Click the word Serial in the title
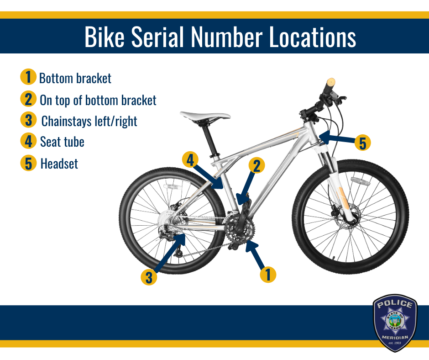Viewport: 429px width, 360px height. (x=157, y=37)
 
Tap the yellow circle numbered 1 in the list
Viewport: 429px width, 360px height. (x=28, y=77)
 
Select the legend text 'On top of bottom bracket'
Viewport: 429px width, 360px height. (x=98, y=100)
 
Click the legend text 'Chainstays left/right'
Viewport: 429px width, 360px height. (x=89, y=122)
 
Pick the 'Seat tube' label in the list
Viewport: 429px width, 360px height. (x=62, y=142)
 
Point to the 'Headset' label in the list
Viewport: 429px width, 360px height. (x=59, y=164)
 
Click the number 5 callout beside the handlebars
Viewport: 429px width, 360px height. (x=362, y=143)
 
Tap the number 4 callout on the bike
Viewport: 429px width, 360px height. (x=190, y=159)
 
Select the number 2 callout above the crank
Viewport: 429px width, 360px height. (x=256, y=165)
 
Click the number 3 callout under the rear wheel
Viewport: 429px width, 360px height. (x=149, y=277)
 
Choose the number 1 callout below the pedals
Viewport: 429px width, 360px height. (x=268, y=274)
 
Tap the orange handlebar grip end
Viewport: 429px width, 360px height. (x=331, y=82)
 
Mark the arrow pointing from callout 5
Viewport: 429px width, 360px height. (x=337, y=138)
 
